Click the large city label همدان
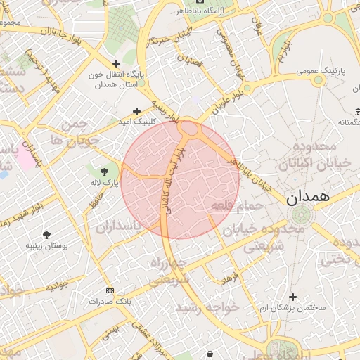pyautogui.click(x=308, y=198)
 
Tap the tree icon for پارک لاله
pyautogui.click(x=105, y=171)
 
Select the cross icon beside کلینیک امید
pyautogui.click(x=136, y=110)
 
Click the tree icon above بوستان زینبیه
pyautogui.click(x=47, y=235)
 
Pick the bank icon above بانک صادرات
pyautogui.click(x=109, y=290)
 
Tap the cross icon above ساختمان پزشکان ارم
pyautogui.click(x=292, y=297)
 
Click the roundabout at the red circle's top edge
pyautogui.click(x=188, y=129)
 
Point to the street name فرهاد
pyautogui.click(x=231, y=278)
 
